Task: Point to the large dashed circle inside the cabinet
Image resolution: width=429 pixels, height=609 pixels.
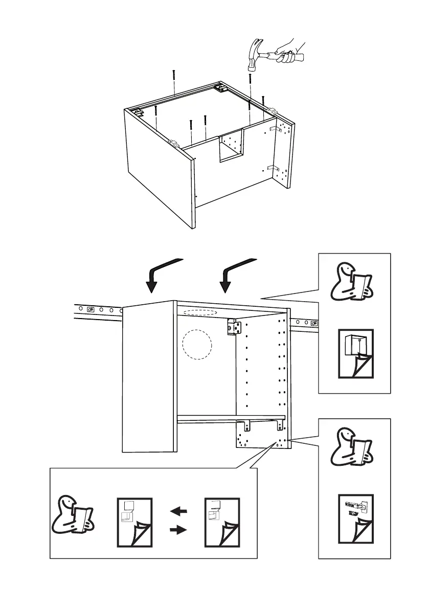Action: (197, 344)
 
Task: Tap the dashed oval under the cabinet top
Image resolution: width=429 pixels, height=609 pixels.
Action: (200, 312)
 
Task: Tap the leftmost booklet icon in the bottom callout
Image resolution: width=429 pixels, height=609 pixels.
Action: (134, 521)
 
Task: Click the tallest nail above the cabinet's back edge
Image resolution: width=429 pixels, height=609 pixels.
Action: (175, 82)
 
